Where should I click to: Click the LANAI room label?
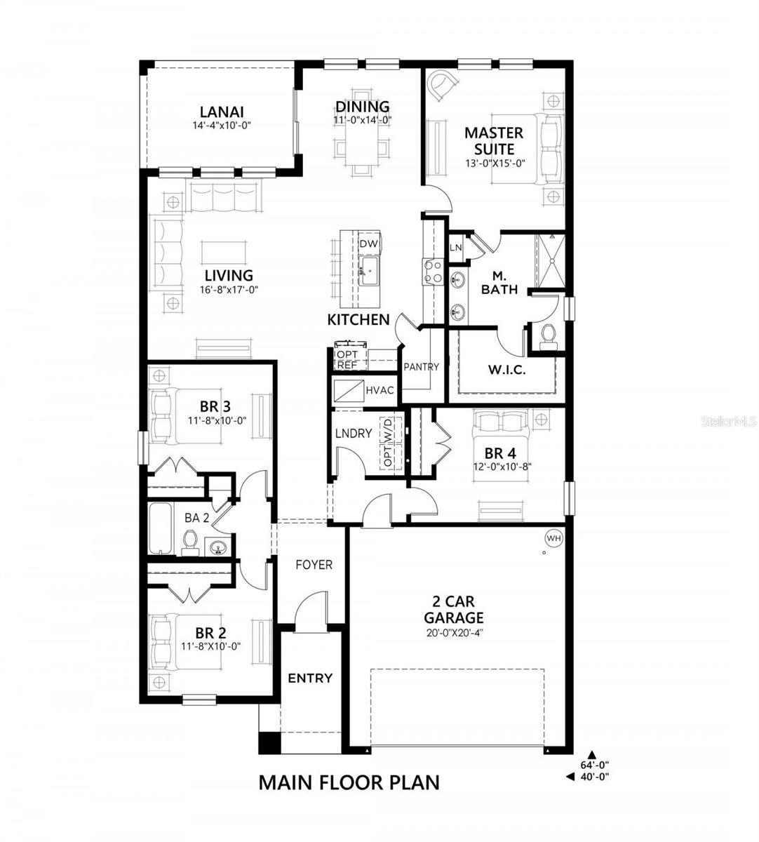coord(221,112)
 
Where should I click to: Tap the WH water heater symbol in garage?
coord(554,538)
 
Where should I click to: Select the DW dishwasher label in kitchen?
coord(368,243)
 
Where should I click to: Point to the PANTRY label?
coord(421,366)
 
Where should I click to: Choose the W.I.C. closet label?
coord(506,370)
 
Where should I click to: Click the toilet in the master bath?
coord(548,335)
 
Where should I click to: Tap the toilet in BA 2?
coord(189,540)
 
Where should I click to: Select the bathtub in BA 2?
coord(159,528)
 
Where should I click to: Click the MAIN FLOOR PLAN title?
coord(349,782)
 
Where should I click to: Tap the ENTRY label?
coord(310,678)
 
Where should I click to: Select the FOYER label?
coord(314,565)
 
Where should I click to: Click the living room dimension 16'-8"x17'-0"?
coord(229,290)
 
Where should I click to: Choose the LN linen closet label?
coord(455,247)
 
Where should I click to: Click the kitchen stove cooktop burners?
coord(431,272)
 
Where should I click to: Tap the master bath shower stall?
coord(549,261)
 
